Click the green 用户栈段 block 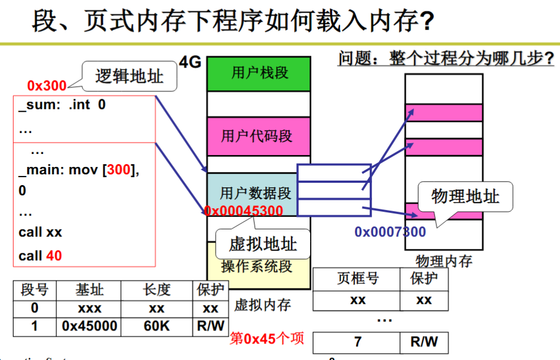tap(258, 74)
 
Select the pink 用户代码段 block tap(258, 136)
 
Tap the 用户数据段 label tap(256, 193)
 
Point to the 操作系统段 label tap(257, 266)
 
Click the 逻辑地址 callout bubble tap(129, 76)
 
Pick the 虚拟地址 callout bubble tap(263, 244)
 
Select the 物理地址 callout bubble tap(465, 196)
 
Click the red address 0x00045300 tap(244, 211)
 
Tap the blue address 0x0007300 tap(390, 232)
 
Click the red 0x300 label tap(47, 86)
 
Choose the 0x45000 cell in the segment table tap(89, 326)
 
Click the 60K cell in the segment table tap(157, 326)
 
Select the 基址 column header tap(89, 290)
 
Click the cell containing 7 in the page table tap(357, 342)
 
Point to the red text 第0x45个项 tap(267, 338)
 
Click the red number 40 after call tap(54, 256)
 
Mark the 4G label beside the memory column tap(190, 62)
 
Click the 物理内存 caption tap(444, 261)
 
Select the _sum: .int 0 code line tap(62, 104)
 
